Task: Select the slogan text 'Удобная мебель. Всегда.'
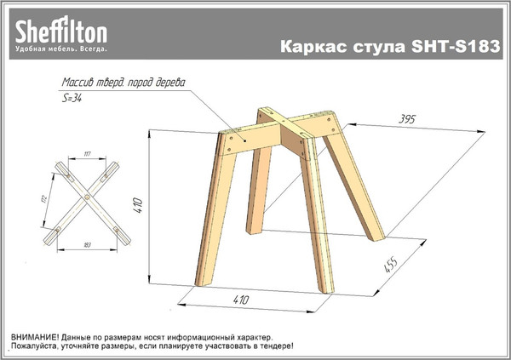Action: [x=60, y=50]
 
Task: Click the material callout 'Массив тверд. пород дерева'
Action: [x=123, y=84]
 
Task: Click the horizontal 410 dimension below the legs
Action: [x=241, y=300]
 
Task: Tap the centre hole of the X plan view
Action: [x=88, y=197]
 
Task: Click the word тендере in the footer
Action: [x=270, y=346]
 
